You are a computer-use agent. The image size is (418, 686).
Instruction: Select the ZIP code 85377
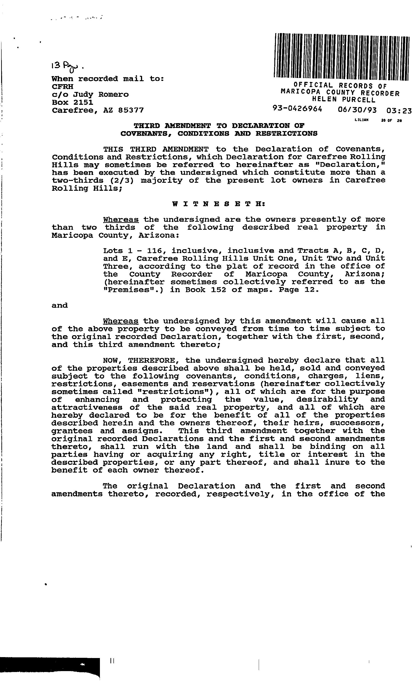tap(131, 110)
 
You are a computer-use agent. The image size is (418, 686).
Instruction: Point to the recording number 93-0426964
tap(297, 109)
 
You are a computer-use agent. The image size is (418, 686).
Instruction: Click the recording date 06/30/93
tap(357, 110)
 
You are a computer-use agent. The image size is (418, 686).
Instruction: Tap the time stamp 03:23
tap(399, 111)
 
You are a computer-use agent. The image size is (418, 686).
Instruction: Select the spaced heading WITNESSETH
tap(219, 204)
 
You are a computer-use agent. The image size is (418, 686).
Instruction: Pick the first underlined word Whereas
tap(121, 219)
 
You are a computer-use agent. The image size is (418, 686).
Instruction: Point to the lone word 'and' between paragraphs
tap(60, 305)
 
